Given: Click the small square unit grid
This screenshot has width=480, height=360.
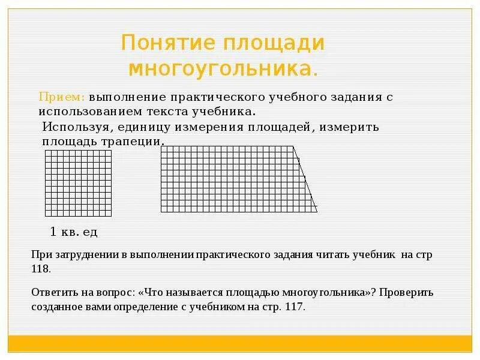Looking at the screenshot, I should tap(79, 183).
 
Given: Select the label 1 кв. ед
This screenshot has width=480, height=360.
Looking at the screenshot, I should tap(73, 232).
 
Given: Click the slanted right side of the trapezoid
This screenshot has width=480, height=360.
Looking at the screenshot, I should tap(306, 179).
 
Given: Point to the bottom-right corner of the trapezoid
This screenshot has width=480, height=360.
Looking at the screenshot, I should tap(317, 212).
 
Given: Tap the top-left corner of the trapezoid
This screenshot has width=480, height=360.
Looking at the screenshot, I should tap(161, 146).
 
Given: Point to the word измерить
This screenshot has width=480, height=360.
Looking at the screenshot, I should tap(351, 127).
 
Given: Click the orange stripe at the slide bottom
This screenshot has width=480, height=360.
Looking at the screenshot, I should tap(240, 343).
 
